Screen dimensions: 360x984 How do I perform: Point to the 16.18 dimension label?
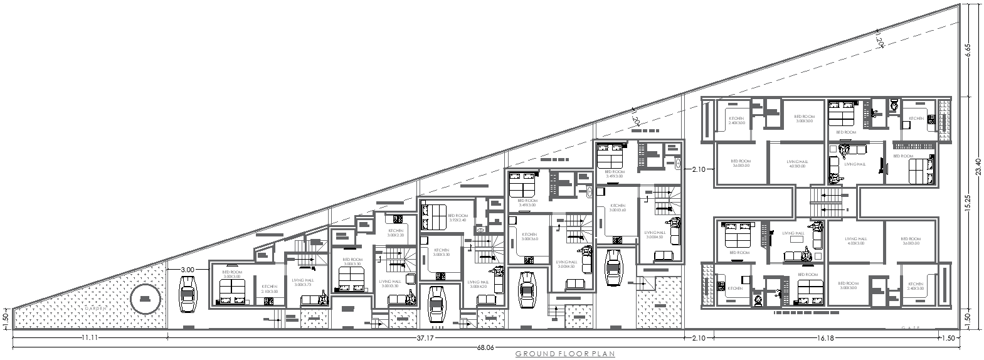[x=825, y=338]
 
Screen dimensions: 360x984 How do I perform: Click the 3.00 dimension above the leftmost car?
[x=187, y=270]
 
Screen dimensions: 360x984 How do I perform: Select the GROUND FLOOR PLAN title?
[x=564, y=354]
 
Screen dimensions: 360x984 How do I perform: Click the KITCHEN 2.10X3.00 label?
[x=270, y=289]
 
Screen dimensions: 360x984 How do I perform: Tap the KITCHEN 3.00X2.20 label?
[x=396, y=233]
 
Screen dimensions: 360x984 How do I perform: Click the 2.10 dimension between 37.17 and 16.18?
[x=698, y=338]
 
